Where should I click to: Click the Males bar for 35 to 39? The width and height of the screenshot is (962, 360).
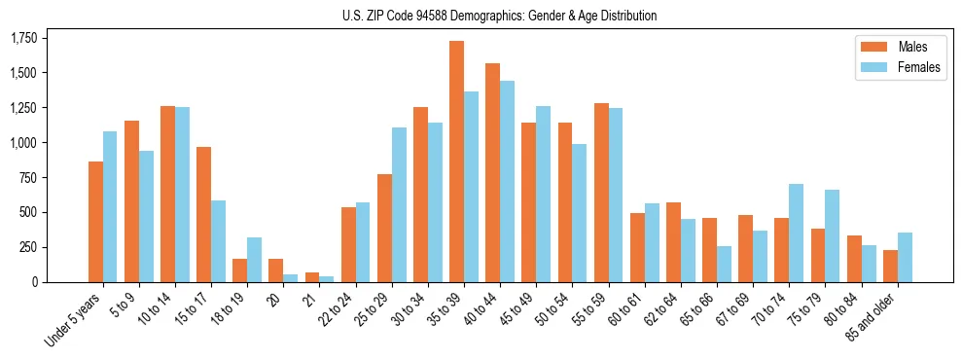(x=456, y=162)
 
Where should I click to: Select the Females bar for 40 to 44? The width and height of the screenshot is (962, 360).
(x=507, y=181)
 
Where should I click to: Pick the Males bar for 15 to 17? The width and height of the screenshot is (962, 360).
(x=203, y=214)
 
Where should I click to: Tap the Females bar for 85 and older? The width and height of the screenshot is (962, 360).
(x=905, y=257)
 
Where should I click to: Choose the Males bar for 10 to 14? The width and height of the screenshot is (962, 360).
(x=167, y=194)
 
